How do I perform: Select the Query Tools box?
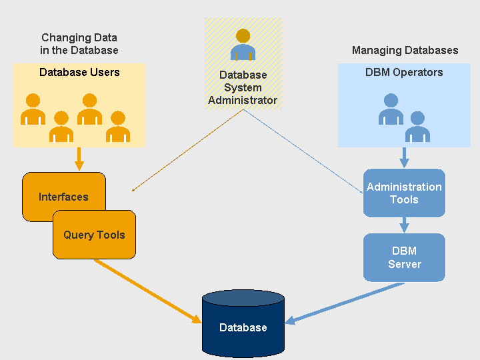click(x=94, y=235)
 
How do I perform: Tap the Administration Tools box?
click(x=404, y=193)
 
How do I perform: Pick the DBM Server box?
click(x=404, y=257)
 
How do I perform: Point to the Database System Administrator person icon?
click(x=243, y=45)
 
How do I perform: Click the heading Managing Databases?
click(x=405, y=50)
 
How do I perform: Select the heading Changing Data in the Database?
click(x=79, y=44)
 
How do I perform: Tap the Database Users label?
click(x=79, y=72)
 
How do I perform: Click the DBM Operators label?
click(x=404, y=72)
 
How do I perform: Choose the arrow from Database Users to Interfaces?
click(x=79, y=159)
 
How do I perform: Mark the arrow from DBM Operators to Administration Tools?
click(x=404, y=157)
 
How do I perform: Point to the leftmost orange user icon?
click(x=33, y=109)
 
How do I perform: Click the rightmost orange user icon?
click(x=118, y=126)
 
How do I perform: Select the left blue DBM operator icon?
click(x=391, y=109)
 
